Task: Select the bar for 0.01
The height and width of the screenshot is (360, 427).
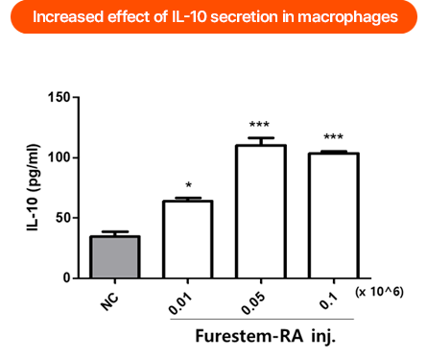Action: point(187,239)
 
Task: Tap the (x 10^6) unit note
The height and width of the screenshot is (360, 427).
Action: point(380,291)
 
